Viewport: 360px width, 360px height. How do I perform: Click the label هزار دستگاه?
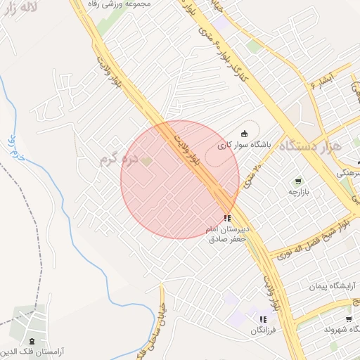coord(309,147)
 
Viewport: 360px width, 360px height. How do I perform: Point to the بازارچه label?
coord(298,191)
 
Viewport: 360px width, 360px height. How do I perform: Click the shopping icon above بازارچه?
coord(298,181)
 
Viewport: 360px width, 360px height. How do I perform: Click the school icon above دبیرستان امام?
coord(226,219)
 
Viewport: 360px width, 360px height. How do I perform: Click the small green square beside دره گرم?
coord(146,162)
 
